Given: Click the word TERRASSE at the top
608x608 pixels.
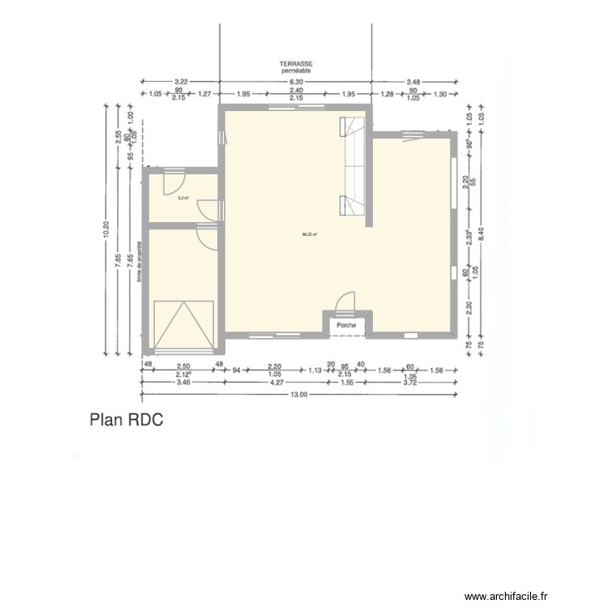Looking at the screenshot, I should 297,63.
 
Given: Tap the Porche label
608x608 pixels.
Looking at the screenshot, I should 346,325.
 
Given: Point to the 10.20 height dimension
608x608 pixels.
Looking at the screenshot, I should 104,230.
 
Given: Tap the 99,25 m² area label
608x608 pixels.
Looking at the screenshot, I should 309,236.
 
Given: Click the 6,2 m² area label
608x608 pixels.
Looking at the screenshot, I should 183,198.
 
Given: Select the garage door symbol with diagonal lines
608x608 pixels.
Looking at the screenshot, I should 184,324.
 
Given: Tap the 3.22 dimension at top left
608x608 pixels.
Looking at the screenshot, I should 181,82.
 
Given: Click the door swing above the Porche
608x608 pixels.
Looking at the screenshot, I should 345,302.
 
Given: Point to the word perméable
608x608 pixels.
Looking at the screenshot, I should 297,71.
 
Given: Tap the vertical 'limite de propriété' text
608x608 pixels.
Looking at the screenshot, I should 139,260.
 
